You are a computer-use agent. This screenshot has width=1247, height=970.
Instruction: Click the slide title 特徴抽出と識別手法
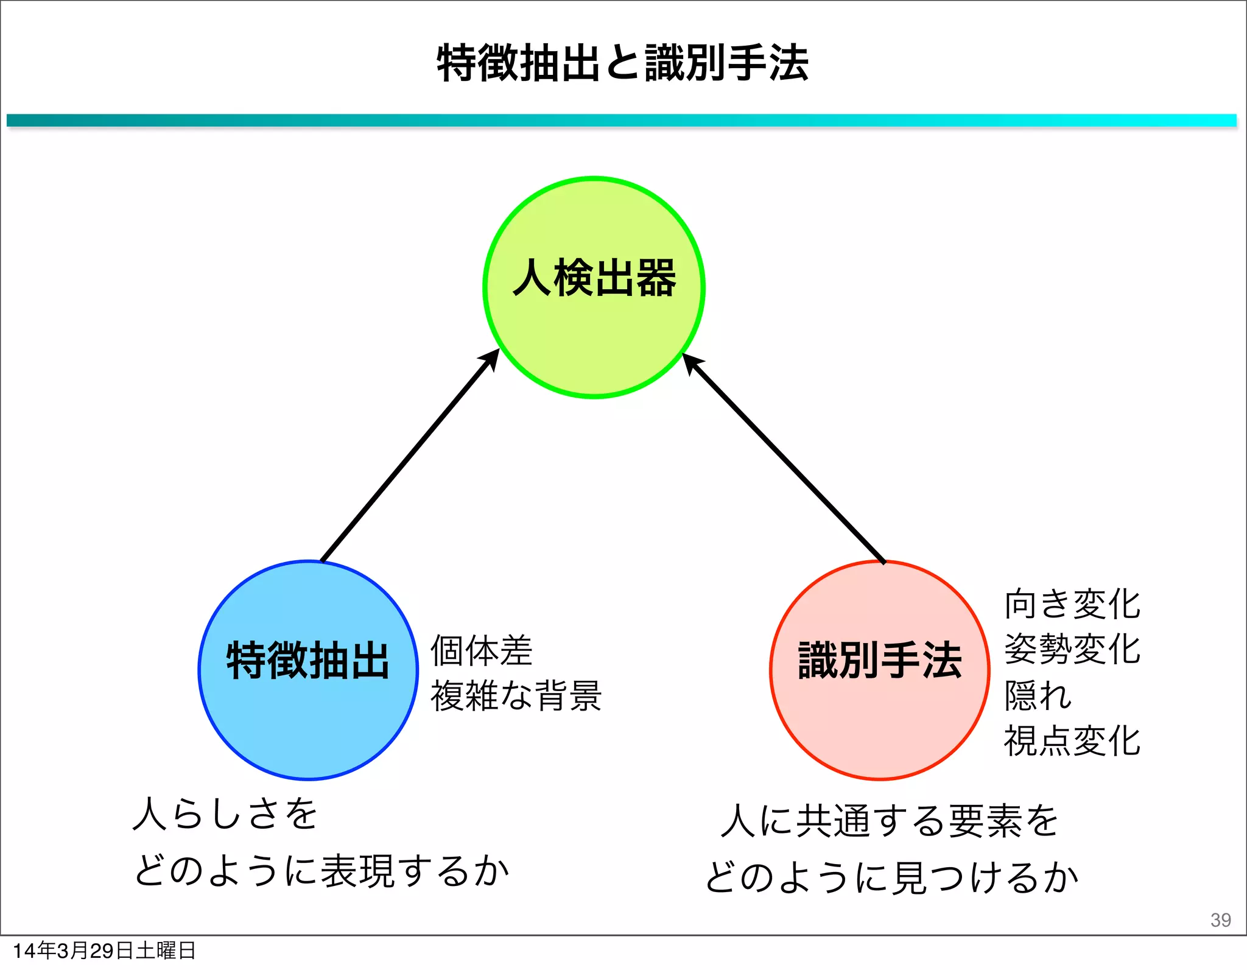coord(622,63)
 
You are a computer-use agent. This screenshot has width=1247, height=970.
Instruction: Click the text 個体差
coord(481,650)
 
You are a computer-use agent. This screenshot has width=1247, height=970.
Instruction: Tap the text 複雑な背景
coord(516,695)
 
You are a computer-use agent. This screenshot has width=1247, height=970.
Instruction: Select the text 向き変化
coord(1072,604)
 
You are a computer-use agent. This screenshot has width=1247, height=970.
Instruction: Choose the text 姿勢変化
coord(1072,649)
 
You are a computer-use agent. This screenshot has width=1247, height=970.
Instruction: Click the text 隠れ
coord(1038,695)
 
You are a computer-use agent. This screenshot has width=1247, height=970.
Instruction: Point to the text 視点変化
coord(1072,741)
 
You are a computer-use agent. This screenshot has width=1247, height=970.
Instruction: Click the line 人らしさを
coord(225,814)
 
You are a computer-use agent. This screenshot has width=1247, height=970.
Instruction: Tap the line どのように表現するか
coord(321,871)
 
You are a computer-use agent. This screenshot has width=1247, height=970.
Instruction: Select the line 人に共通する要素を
coord(889,820)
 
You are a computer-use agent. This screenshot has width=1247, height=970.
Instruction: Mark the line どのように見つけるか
coord(891,877)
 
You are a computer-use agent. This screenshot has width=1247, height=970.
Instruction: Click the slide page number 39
coord(1220,919)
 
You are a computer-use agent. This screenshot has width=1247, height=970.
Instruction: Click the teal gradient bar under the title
coord(621,121)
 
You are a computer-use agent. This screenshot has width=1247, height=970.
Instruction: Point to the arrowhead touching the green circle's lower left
coord(490,359)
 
